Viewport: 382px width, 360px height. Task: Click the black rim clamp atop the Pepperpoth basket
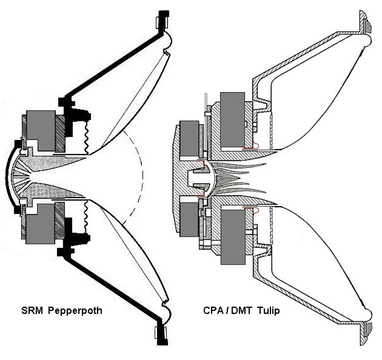pos(162,22)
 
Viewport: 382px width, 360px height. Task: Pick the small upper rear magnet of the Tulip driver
pos(189,137)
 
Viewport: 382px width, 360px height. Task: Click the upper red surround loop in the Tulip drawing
pos(256,145)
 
